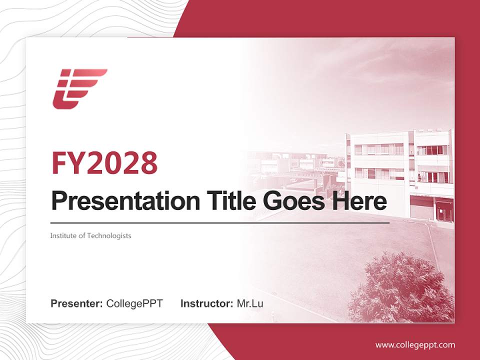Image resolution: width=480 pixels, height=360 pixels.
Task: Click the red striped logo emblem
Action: (x=79, y=88)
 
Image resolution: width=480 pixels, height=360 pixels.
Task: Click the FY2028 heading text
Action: (x=104, y=163)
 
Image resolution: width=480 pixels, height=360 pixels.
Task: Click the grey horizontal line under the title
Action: (x=220, y=223)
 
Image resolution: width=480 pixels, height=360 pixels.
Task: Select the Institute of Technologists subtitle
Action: (x=90, y=235)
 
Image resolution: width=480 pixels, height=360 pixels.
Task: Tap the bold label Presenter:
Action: (x=77, y=303)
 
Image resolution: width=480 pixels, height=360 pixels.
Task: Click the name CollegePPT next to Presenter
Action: (x=134, y=303)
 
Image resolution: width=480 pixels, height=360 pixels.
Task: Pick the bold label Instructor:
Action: (x=206, y=303)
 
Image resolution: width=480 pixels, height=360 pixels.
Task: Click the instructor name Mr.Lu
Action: (x=250, y=303)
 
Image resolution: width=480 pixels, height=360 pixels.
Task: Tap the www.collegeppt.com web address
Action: (x=415, y=345)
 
